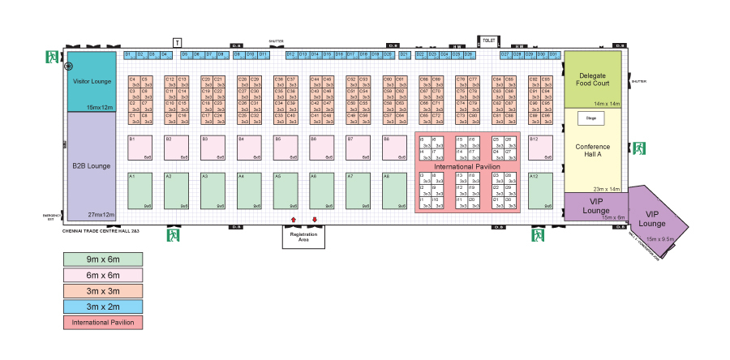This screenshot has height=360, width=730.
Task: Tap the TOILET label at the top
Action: click(488, 40)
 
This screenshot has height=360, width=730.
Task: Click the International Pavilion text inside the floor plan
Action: click(467, 166)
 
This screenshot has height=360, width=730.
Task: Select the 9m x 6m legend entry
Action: click(102, 259)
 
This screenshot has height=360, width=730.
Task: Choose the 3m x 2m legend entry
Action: click(102, 307)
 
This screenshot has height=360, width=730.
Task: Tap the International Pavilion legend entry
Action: click(102, 323)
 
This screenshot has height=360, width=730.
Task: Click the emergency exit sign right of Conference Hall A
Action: click(638, 148)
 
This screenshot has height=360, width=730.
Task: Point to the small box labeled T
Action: click(178, 41)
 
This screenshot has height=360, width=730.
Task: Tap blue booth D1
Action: click(128, 54)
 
